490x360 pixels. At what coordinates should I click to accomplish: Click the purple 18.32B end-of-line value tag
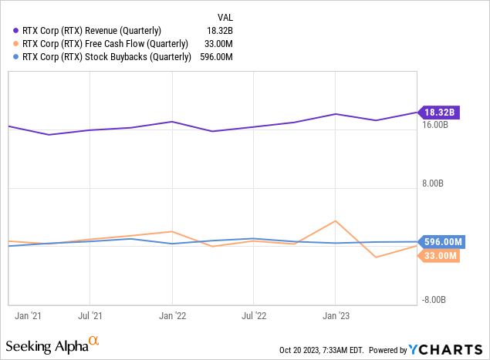tap(438, 113)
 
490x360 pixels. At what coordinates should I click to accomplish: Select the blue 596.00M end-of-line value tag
tap(441, 242)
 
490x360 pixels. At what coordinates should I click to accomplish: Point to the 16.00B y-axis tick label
tap(436, 125)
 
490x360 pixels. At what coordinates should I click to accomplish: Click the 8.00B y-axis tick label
tap(434, 184)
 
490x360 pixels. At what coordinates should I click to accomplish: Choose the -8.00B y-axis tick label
tap(434, 300)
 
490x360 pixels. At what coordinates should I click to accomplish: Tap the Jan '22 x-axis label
tap(172, 315)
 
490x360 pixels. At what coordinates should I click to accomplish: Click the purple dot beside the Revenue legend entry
tap(16, 31)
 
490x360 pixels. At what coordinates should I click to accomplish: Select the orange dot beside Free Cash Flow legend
tap(16, 44)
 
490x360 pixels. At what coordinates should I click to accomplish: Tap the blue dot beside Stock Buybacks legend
tap(16, 57)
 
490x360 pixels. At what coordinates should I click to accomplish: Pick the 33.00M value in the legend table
tap(218, 44)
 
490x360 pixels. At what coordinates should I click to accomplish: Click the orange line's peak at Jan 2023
tap(335, 221)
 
